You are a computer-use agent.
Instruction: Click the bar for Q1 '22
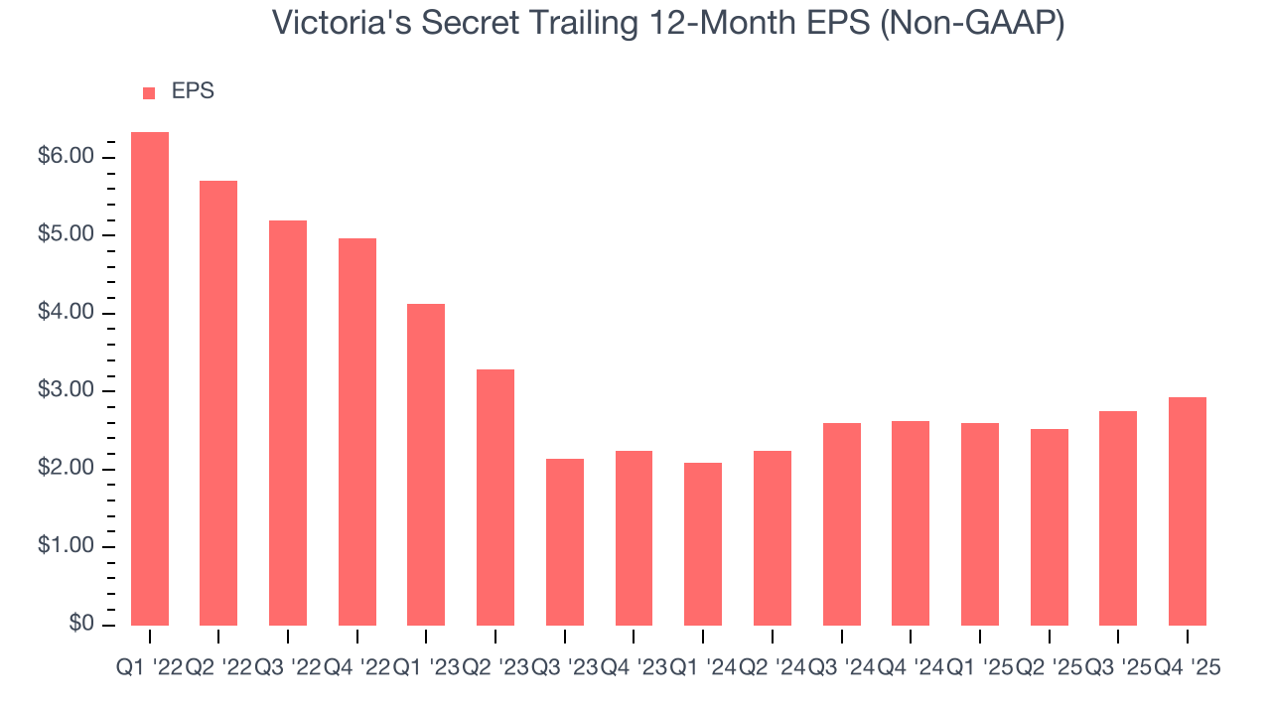(x=150, y=378)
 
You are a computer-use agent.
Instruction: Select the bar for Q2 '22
(x=218, y=402)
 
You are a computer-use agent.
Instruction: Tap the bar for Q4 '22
(x=357, y=431)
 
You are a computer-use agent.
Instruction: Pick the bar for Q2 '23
(x=495, y=497)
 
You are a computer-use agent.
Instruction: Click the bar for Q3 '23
(x=565, y=541)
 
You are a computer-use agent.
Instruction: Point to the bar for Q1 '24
(x=703, y=543)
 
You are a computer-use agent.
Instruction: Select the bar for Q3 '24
(x=842, y=523)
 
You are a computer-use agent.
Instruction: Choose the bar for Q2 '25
(x=1050, y=526)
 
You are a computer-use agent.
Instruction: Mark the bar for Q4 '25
(x=1188, y=510)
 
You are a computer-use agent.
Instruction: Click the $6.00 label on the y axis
(x=68, y=157)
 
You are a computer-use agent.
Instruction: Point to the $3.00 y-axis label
(x=68, y=391)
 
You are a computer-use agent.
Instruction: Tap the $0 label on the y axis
(x=80, y=625)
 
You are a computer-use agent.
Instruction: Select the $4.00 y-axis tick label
(x=68, y=313)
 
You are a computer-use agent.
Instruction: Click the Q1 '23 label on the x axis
(x=426, y=668)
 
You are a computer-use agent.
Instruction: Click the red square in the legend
(x=149, y=93)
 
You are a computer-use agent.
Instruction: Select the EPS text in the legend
(x=193, y=91)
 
